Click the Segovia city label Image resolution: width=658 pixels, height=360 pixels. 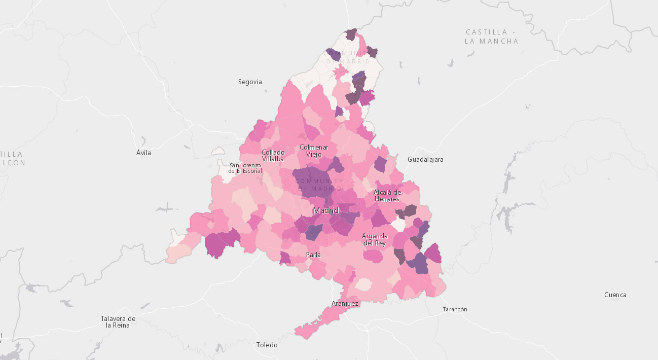(250, 82)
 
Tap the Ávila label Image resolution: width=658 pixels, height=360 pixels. (143, 153)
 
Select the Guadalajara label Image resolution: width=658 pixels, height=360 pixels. (425, 159)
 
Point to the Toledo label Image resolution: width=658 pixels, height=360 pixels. (267, 345)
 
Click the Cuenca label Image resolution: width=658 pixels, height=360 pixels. (615, 295)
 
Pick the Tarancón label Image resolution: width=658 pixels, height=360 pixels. (455, 309)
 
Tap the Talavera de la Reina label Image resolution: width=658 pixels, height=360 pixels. (118, 321)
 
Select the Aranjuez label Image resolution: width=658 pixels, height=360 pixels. (345, 304)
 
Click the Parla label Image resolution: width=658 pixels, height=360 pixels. (313, 255)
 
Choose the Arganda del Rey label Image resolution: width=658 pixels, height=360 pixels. (375, 239)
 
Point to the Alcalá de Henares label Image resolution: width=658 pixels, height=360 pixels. (387, 195)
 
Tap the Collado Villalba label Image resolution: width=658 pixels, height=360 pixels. (273, 155)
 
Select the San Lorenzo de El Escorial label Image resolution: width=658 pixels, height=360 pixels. (245, 168)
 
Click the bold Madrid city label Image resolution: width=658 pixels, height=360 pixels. (325, 210)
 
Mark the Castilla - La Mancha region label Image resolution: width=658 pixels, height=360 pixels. (491, 37)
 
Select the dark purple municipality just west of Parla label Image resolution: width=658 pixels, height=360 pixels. (285, 258)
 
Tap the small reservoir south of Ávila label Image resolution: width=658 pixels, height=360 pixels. (166, 208)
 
